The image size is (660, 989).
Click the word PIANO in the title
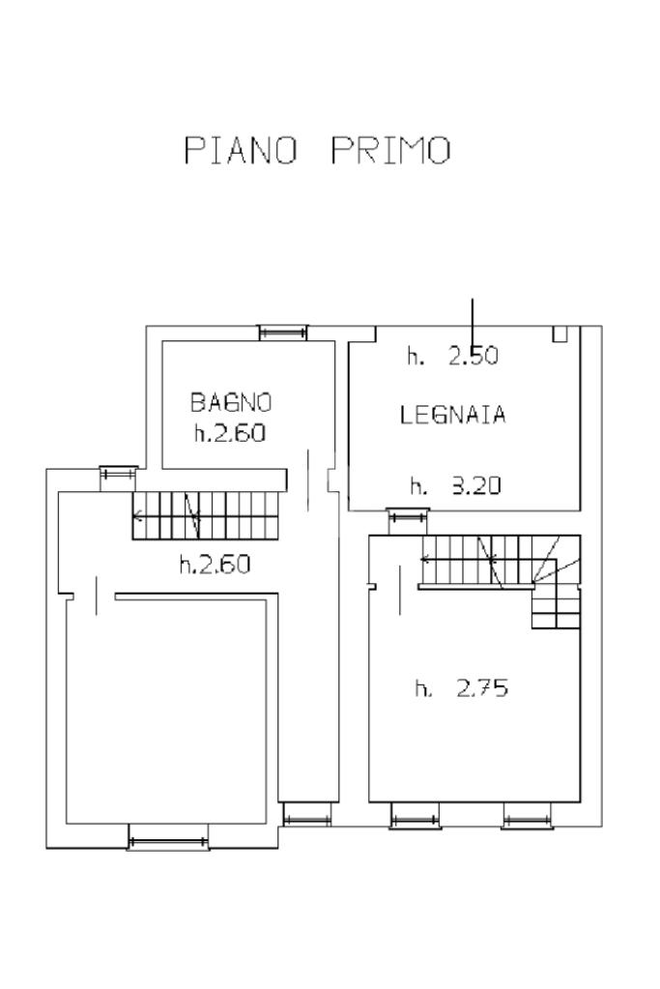click(241, 151)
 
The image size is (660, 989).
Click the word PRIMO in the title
click(391, 151)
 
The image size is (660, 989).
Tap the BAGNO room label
click(231, 402)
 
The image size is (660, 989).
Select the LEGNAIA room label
click(452, 415)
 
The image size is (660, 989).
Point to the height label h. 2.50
click(452, 357)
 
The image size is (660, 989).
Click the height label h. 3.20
click(455, 485)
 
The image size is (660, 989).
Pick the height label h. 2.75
click(462, 687)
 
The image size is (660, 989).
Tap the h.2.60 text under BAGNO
click(230, 433)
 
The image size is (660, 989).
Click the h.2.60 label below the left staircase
click(215, 564)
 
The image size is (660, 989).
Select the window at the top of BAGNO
click(283, 333)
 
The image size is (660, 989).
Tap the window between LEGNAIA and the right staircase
click(407, 518)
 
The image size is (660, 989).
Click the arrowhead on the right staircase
click(426, 559)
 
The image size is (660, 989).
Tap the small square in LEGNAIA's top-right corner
click(560, 334)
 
